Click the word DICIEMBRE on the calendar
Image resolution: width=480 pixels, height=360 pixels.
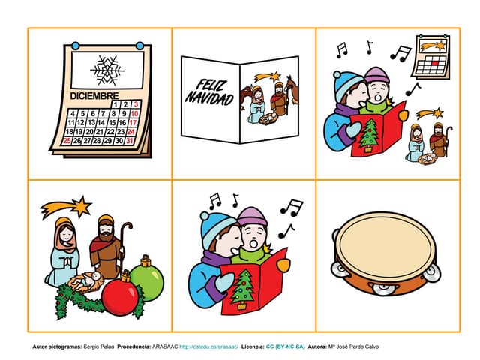[x=94, y=96]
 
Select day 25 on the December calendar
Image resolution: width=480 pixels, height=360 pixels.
[x=67, y=140]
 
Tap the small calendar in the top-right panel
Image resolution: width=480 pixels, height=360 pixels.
[x=431, y=56]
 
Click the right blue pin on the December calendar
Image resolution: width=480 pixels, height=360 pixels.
[x=139, y=46]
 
